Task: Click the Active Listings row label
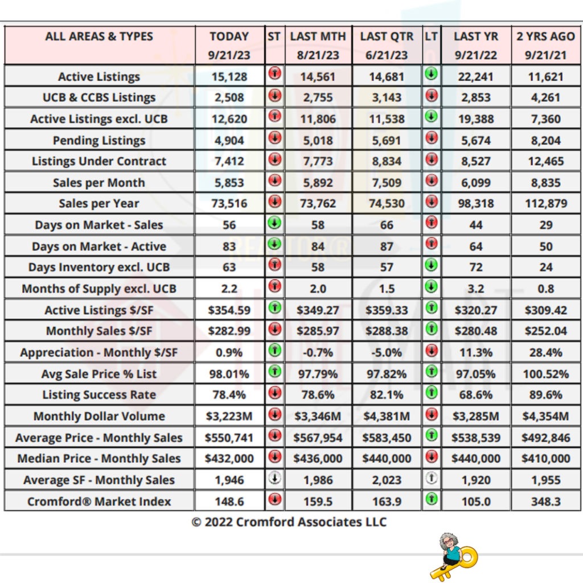coord(99,76)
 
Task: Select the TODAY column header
coord(229,36)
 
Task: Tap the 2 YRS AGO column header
coord(545,36)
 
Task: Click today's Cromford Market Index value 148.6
coord(229,502)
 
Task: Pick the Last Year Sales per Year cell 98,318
coord(476,204)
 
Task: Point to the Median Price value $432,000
coord(229,459)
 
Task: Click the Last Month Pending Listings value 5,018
coord(318,141)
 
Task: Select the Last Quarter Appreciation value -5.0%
coord(387,352)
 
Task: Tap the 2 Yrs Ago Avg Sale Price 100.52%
coord(545,374)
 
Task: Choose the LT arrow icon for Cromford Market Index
coord(431,500)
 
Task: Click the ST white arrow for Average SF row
coord(274,479)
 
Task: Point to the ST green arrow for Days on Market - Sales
coord(274,223)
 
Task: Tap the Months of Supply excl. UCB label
coord(99,289)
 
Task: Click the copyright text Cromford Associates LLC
coord(289,522)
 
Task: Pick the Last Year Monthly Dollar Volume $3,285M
coord(476,416)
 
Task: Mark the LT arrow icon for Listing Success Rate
coord(431,393)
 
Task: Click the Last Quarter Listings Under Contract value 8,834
coord(387,162)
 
